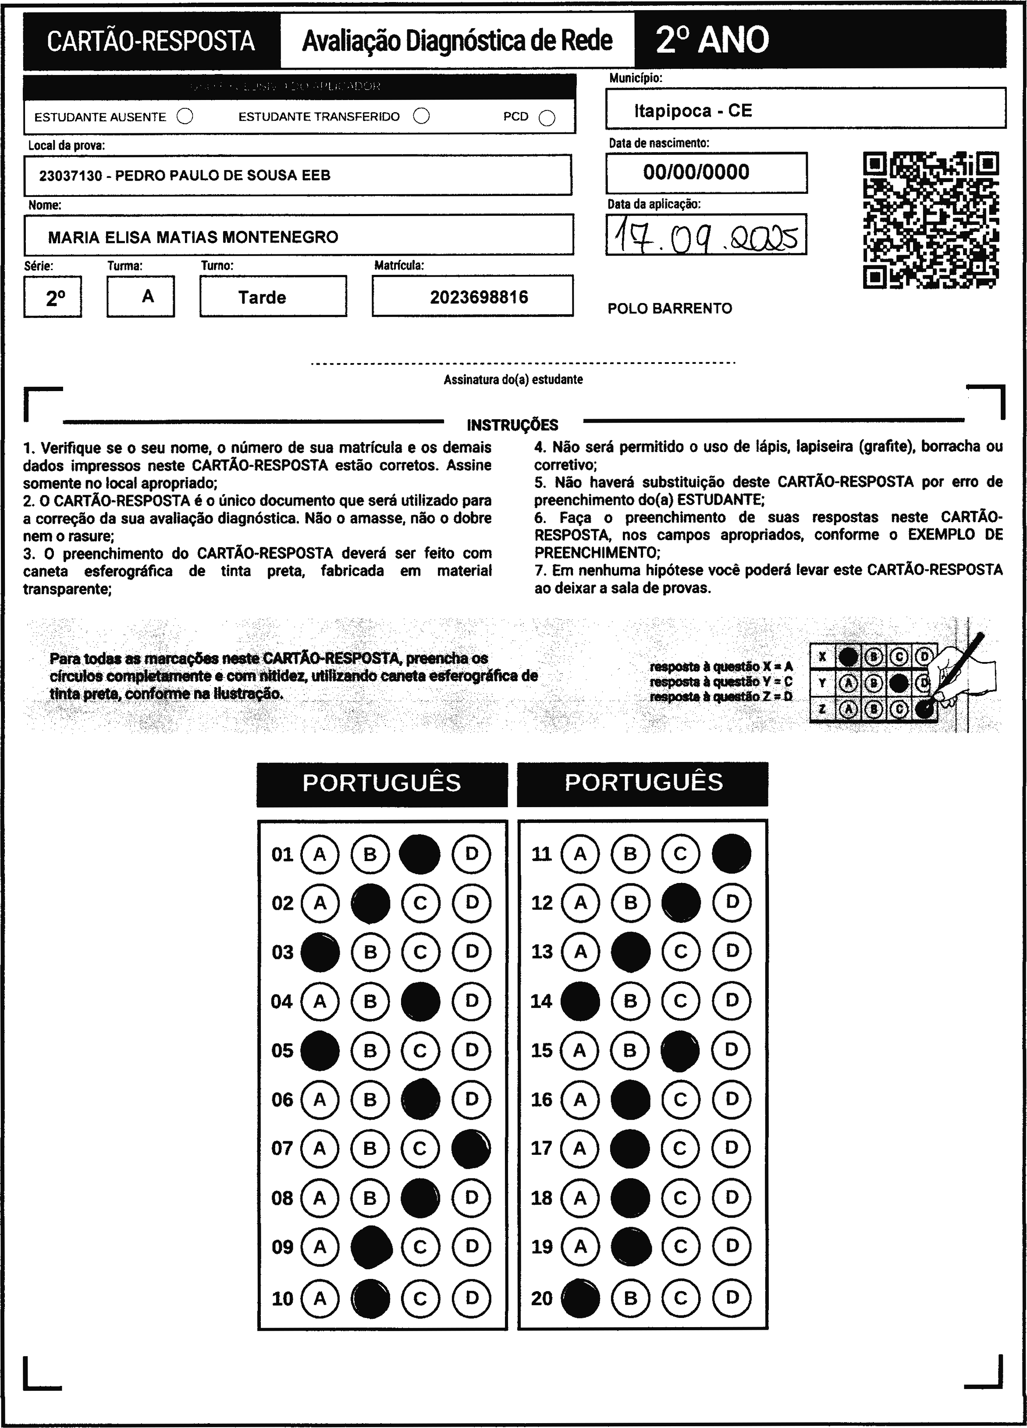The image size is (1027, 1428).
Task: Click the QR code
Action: click(931, 220)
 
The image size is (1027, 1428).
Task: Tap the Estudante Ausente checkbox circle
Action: click(185, 117)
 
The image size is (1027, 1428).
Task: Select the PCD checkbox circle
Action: click(547, 118)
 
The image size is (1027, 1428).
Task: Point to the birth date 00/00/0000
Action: click(696, 172)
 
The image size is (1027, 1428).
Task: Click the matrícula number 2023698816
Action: click(479, 297)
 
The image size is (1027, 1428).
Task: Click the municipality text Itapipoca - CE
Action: click(693, 111)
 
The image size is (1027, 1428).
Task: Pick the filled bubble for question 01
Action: click(420, 855)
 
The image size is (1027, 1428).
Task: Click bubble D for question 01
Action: click(471, 855)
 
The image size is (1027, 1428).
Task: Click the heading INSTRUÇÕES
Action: click(512, 425)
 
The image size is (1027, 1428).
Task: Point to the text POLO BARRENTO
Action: click(670, 309)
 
